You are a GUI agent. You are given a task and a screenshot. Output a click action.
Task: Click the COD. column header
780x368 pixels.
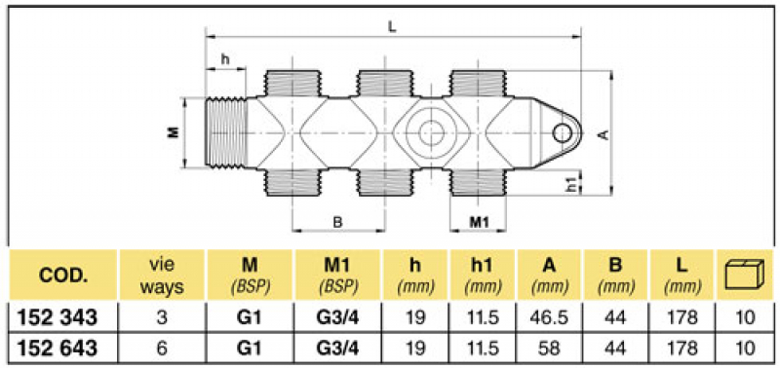(64, 276)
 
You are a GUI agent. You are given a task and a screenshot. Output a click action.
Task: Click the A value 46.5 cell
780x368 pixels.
(548, 318)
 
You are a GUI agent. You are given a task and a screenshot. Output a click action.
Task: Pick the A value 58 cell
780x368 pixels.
(548, 347)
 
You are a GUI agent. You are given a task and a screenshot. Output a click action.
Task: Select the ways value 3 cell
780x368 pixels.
(162, 318)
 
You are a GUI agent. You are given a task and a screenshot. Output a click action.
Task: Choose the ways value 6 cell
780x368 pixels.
(162, 347)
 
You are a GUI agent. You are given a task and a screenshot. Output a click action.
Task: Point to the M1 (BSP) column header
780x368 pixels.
(338, 276)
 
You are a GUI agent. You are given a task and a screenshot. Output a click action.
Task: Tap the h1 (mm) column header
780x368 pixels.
(482, 276)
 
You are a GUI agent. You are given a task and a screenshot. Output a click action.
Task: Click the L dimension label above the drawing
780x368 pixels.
(392, 28)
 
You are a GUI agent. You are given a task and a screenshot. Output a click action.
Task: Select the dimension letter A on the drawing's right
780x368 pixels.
(604, 134)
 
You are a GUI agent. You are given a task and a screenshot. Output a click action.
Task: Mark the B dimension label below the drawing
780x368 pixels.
(337, 222)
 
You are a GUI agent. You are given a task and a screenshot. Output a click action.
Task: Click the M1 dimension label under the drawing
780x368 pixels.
(479, 222)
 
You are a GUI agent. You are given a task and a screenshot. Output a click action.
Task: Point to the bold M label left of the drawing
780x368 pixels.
(174, 131)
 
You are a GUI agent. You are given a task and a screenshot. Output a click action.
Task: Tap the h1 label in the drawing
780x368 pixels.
(572, 182)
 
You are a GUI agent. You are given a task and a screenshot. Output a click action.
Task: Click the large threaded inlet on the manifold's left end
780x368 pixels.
(230, 131)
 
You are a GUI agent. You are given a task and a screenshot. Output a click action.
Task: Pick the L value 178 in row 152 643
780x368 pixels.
(681, 347)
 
